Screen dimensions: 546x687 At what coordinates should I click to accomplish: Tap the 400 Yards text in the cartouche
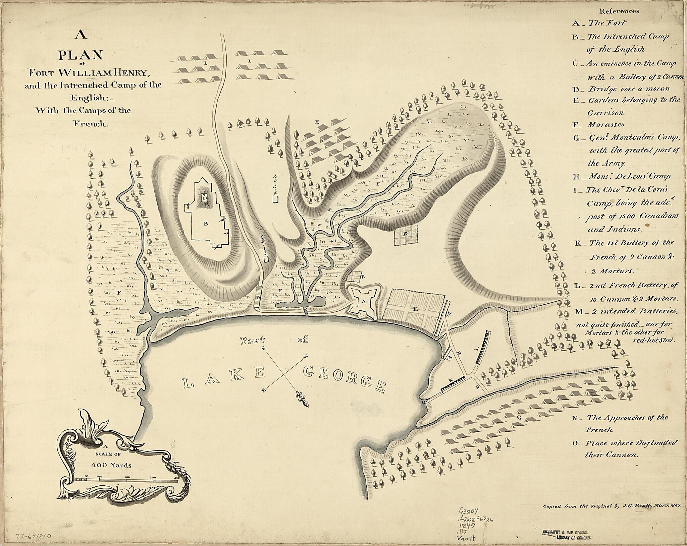pyautogui.click(x=111, y=465)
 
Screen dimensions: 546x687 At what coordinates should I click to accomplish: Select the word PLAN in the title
pyautogui.click(x=81, y=55)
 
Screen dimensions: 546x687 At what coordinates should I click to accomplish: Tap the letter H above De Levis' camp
pyautogui.click(x=317, y=122)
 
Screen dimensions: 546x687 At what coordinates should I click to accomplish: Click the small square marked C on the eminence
pyautogui.click(x=204, y=198)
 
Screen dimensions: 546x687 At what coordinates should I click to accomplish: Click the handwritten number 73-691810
pyautogui.click(x=34, y=536)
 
